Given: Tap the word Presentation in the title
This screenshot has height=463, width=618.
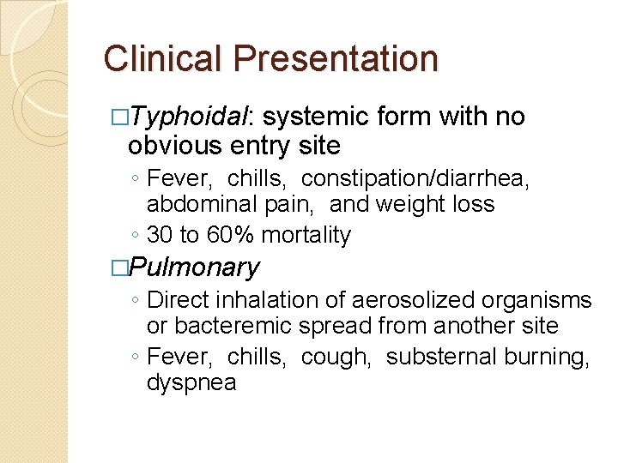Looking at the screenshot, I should point(336,58).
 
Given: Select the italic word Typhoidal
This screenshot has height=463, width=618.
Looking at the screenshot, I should point(187,117).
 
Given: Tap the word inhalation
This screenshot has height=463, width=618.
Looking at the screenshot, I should point(261,300).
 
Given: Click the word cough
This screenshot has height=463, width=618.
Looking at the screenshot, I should point(336,356).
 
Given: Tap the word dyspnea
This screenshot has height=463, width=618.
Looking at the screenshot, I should point(191,382).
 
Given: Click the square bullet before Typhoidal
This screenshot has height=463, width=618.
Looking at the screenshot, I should point(119,118).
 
